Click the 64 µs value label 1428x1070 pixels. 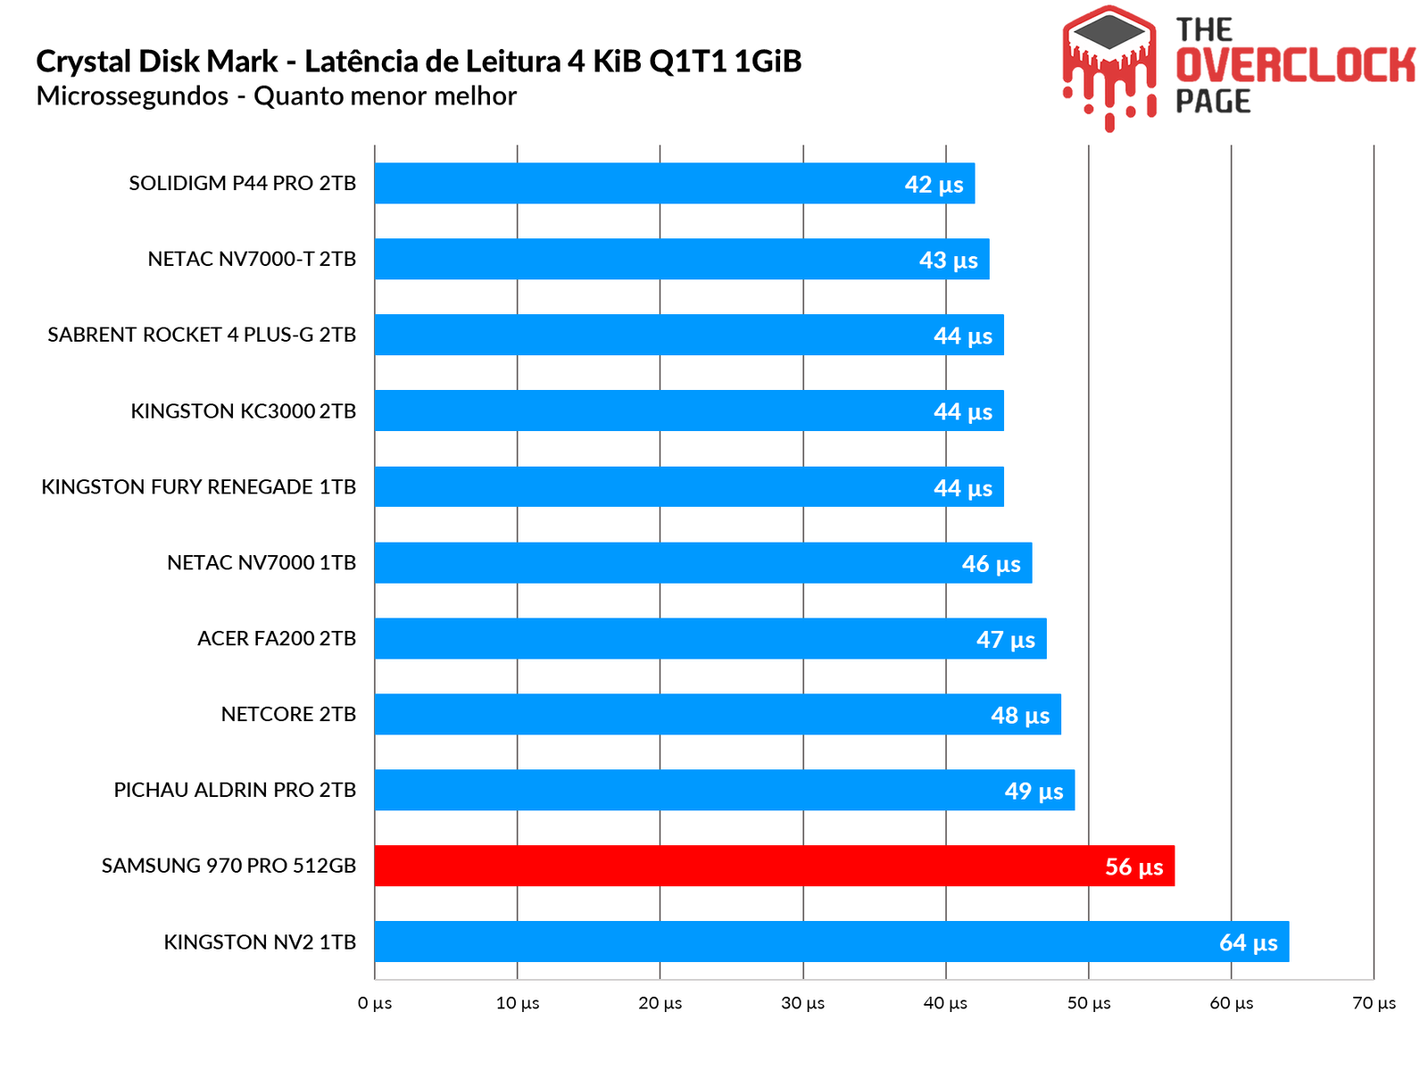point(1248,942)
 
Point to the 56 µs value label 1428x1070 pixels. point(1133,867)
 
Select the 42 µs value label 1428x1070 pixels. point(934,184)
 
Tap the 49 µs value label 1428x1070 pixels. point(1034,791)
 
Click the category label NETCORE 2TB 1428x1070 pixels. point(288,714)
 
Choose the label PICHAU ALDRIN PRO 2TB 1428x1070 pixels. point(235,790)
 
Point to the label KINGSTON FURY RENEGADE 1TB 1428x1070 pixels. point(198,486)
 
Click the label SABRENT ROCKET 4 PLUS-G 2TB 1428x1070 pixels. point(202,335)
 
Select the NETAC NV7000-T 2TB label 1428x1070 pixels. point(252,259)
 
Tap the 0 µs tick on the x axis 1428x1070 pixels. point(375,1003)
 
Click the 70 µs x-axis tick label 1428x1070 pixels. point(1374,1003)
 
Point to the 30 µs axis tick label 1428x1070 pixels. point(802,1003)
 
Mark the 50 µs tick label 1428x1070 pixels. point(1089,1003)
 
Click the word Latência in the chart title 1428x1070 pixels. point(362,62)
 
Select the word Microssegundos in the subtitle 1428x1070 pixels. point(132,96)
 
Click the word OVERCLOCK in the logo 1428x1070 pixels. point(1294,65)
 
